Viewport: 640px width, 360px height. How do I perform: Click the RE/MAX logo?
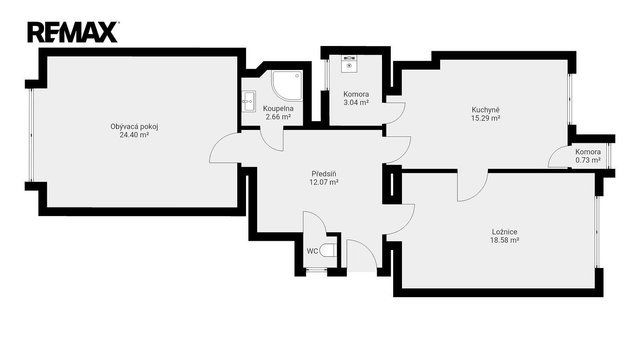click(x=72, y=32)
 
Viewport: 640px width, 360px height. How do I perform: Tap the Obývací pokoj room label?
click(x=134, y=126)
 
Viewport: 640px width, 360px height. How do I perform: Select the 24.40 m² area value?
click(x=134, y=135)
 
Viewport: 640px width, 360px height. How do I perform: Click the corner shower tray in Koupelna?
click(x=287, y=86)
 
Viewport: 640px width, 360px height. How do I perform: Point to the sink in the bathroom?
click(x=248, y=101)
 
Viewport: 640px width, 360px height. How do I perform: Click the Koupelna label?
click(x=278, y=108)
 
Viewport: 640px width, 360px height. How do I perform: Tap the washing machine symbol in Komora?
click(x=349, y=64)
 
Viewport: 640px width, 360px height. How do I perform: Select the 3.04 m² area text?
click(x=356, y=102)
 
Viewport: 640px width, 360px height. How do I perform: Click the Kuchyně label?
click(x=486, y=110)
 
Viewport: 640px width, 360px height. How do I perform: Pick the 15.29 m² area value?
click(x=486, y=118)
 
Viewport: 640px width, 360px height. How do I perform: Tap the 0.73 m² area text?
click(x=588, y=160)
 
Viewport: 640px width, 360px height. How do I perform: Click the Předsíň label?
click(x=324, y=174)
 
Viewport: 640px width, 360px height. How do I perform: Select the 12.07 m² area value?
click(x=324, y=182)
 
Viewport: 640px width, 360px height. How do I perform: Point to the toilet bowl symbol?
click(x=328, y=250)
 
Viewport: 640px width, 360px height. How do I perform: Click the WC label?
click(x=312, y=252)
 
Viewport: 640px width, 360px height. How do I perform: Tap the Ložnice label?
click(x=504, y=232)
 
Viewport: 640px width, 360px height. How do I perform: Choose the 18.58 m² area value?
click(x=504, y=240)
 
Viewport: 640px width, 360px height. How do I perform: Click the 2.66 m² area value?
click(x=278, y=117)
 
